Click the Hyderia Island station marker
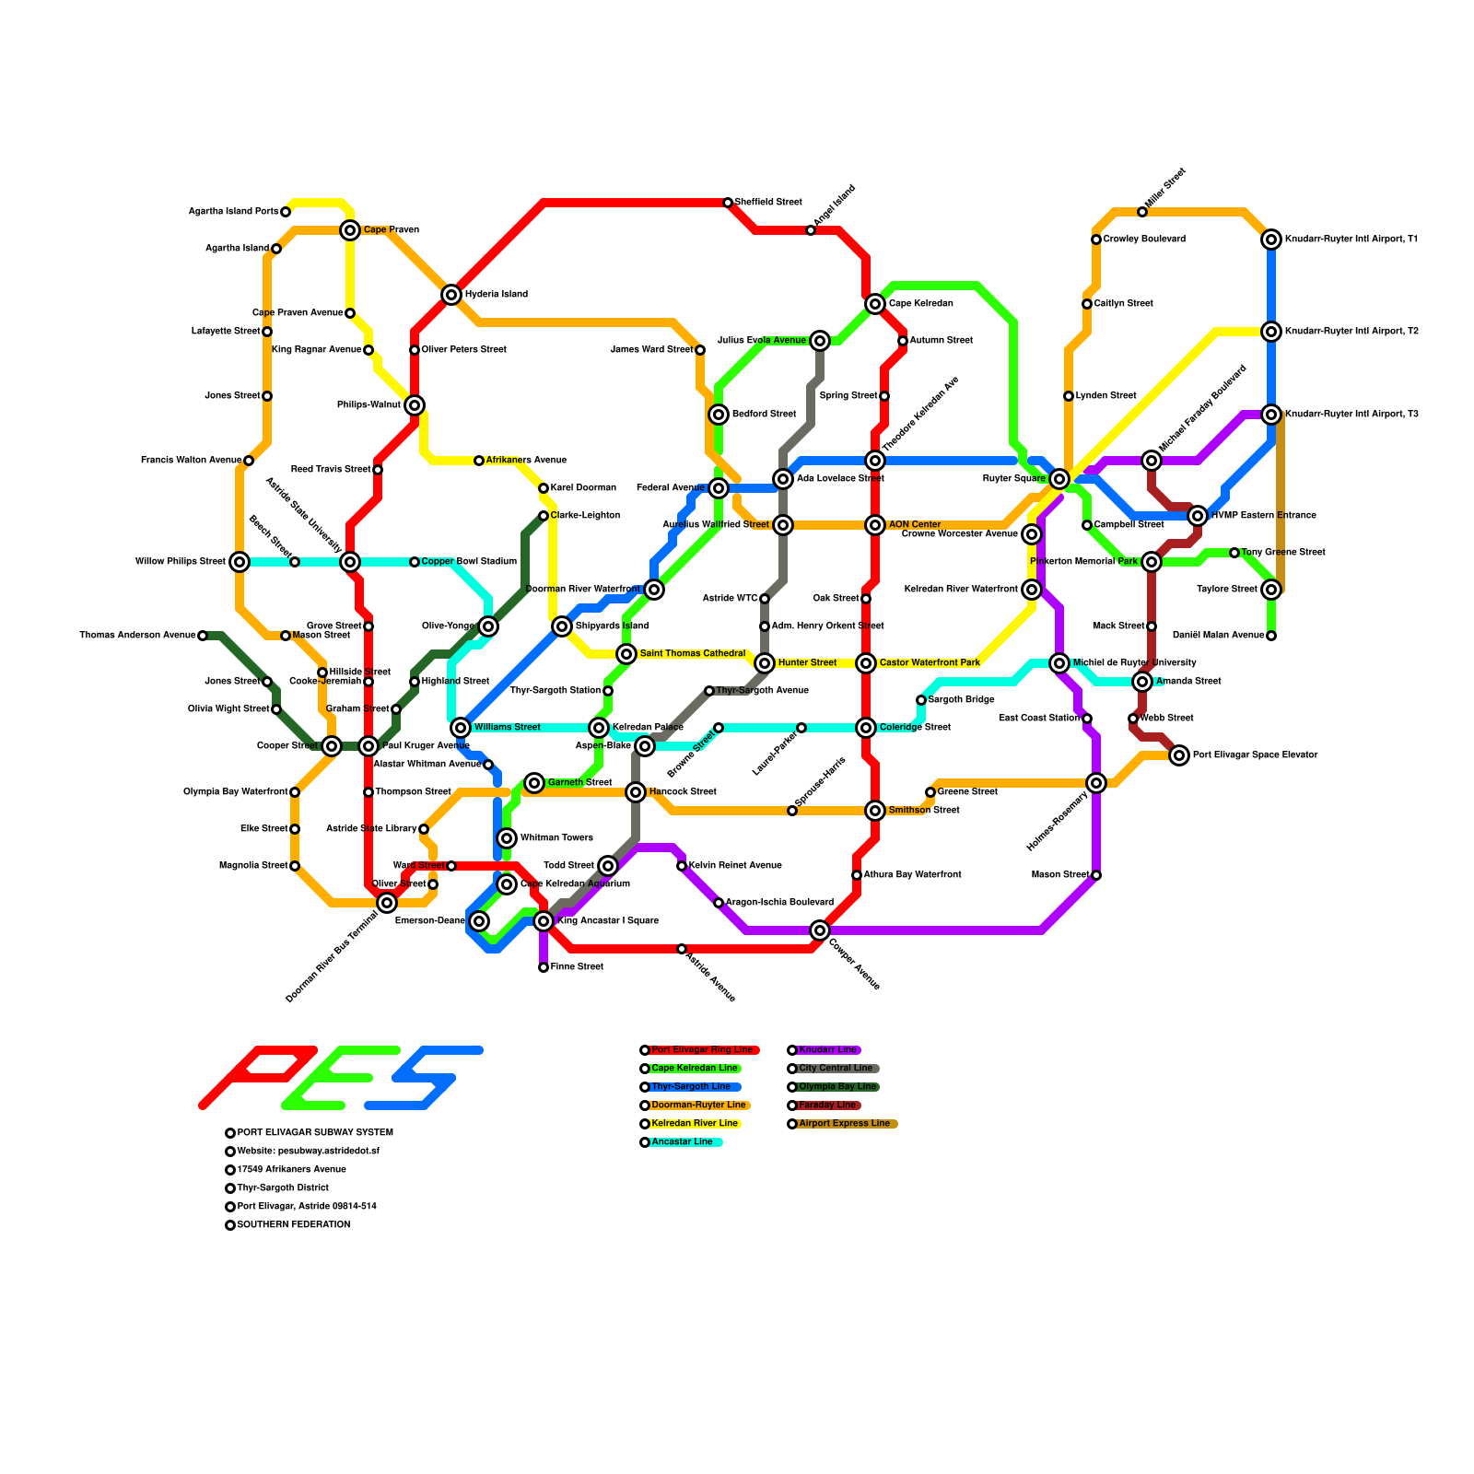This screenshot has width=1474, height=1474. point(451,295)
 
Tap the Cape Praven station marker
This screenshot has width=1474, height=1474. point(350,230)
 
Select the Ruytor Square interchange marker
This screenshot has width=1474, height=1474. point(1059,479)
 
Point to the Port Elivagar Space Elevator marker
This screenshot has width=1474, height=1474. point(1179,755)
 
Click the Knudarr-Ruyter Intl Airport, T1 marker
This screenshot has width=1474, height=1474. point(1271,240)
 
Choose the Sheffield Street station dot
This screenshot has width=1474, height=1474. point(728,203)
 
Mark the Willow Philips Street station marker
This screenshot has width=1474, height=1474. point(240,562)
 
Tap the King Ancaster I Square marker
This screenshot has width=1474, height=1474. point(544,921)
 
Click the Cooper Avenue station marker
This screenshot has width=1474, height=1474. point(820,930)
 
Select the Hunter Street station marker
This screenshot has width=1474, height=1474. point(765,663)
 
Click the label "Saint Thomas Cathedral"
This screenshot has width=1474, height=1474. point(692,654)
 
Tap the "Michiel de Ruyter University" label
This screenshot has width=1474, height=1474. point(1134,663)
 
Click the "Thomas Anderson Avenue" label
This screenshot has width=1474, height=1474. point(137,636)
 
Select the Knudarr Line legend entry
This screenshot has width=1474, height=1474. point(826,1050)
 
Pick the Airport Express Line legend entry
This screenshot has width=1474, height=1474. point(843,1124)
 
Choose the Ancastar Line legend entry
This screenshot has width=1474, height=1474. point(682,1142)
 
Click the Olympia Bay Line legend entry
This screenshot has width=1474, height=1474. point(836,1087)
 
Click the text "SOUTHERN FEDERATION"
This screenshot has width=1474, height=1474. point(293,1225)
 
